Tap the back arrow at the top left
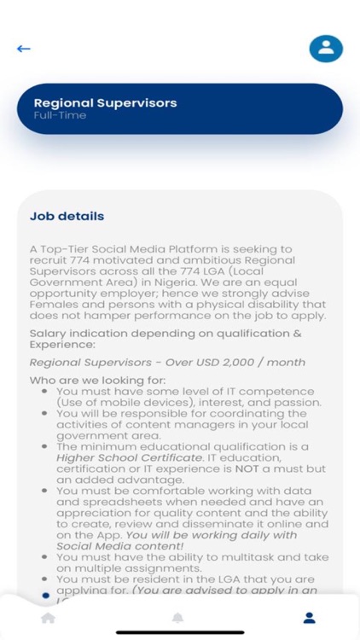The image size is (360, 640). tap(24, 49)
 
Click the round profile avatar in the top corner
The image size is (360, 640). tap(325, 49)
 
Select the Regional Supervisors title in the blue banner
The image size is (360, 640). tap(105, 103)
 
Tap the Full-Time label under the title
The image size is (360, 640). tap(60, 115)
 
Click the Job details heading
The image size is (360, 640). tap(67, 216)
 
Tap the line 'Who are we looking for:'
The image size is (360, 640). tap(97, 380)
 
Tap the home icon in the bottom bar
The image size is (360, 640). tap(49, 618)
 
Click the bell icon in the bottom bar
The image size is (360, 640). tap(178, 618)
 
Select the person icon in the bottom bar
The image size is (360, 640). tap(310, 618)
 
